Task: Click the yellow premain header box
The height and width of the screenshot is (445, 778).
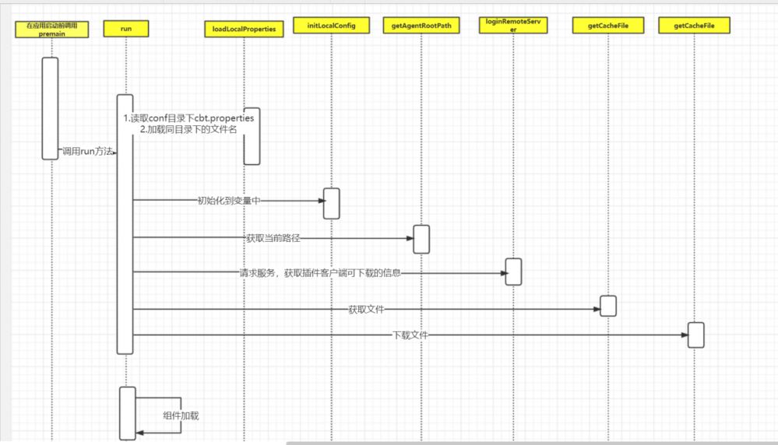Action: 51,30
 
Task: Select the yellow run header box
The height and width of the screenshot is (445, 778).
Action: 125,29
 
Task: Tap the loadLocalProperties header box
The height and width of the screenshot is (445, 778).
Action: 244,30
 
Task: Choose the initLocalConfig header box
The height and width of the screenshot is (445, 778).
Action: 330,26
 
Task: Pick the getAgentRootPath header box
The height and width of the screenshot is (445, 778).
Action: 421,26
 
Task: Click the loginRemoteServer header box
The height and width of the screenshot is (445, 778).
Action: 513,26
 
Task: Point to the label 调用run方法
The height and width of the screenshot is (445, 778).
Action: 87,152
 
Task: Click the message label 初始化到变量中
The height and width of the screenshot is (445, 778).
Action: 228,201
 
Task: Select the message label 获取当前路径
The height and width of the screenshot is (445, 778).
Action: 273,237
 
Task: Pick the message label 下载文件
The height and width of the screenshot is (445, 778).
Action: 410,335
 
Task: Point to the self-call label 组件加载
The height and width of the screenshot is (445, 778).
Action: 181,415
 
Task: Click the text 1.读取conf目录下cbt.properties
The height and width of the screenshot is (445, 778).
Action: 188,118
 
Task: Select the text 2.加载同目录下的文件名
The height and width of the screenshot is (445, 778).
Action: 188,130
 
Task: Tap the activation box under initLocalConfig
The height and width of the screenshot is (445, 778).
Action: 331,203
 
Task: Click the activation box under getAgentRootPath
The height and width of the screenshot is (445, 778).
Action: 421,239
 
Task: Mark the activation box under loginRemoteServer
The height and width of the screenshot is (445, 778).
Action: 513,272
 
